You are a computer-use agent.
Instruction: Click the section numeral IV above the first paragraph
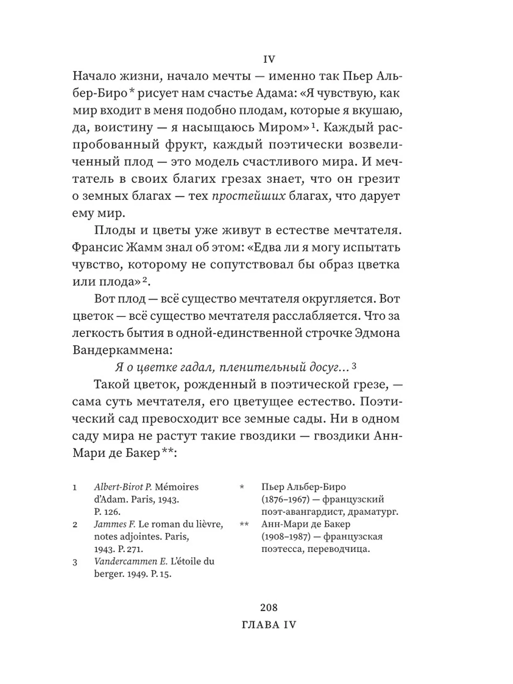269,59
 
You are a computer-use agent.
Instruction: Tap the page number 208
269,608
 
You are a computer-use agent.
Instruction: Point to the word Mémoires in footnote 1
176,487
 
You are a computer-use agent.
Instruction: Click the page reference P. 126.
107,512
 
